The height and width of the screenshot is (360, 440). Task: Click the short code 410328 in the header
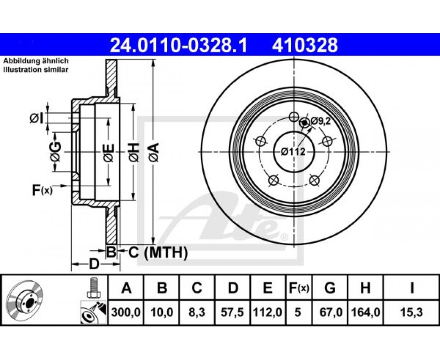pos(305,45)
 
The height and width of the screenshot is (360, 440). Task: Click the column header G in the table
pos(330,288)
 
